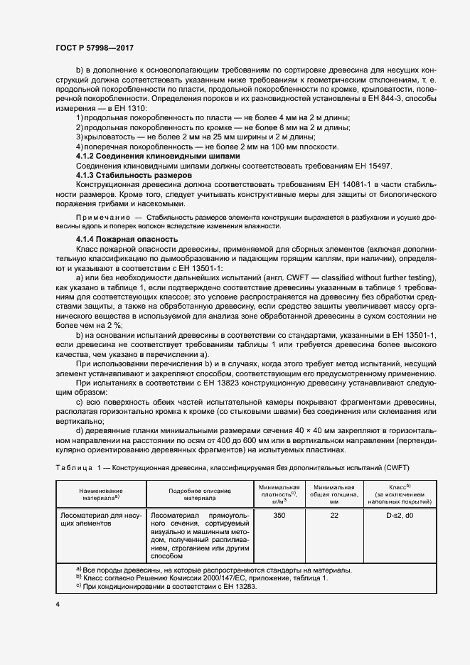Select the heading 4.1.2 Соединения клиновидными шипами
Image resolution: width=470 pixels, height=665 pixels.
click(x=157, y=156)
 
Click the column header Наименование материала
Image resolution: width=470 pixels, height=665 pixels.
click(x=100, y=495)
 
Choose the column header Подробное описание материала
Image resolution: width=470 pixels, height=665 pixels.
click(x=199, y=495)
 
